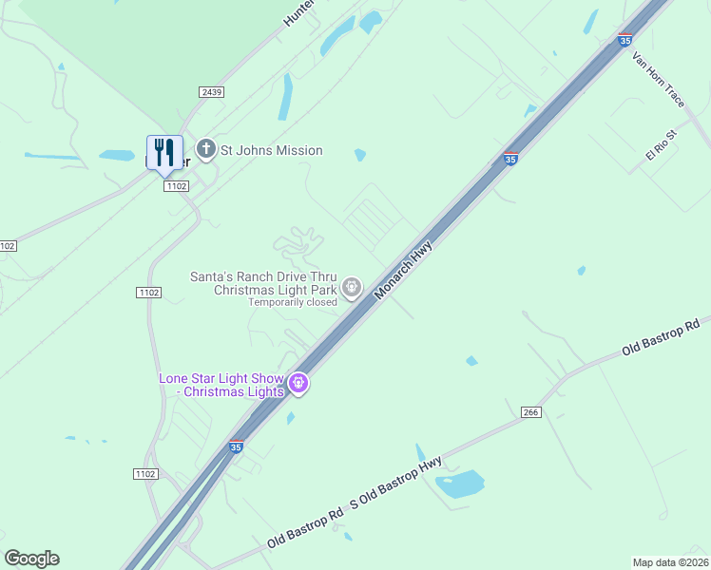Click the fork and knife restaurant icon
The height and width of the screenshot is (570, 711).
pos(164,152)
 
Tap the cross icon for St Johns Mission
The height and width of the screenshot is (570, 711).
pos(205,149)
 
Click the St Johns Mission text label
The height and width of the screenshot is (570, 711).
pos(272,150)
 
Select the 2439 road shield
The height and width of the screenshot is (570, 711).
pos(211,91)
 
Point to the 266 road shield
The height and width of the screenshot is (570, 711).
pos(531,411)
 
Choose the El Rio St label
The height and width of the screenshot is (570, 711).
pos(659,145)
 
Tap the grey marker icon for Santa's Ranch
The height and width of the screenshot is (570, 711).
pos(352,286)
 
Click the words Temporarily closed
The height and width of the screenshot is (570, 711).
pos(294,302)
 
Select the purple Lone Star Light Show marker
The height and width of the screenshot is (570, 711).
pos(298,383)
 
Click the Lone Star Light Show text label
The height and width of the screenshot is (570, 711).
pos(221,385)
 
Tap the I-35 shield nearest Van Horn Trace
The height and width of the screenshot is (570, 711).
pos(625,41)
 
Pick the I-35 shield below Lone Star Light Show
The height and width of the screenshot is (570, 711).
pos(236,446)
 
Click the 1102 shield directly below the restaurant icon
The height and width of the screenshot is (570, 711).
pos(175,186)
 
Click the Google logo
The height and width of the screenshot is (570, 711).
pos(31,559)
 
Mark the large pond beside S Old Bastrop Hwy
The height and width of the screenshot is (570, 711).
pos(460,484)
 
